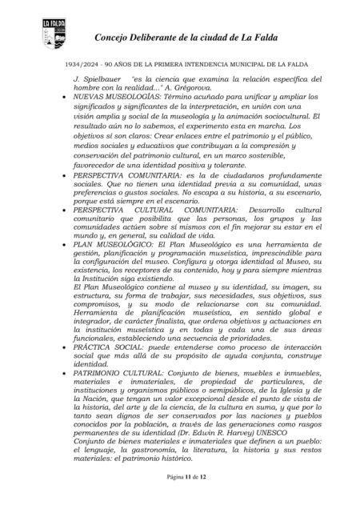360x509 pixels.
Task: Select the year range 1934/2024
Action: tap(76, 63)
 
